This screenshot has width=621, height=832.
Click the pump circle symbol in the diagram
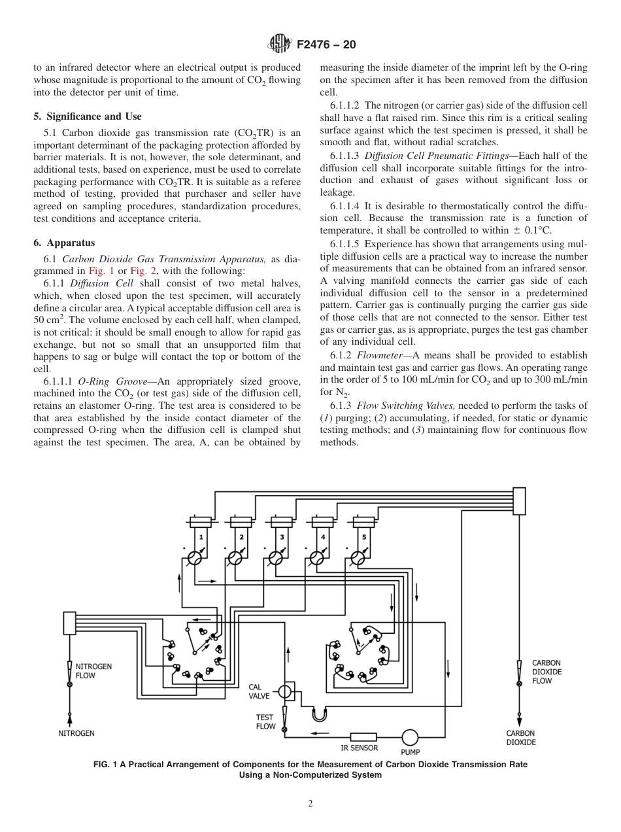(410, 737)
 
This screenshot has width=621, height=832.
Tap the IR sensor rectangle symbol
(363, 737)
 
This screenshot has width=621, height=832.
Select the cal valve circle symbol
(285, 691)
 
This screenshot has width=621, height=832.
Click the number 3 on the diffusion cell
(282, 536)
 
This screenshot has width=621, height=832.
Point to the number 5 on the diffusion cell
(364, 536)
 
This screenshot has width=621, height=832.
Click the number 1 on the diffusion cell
(201, 536)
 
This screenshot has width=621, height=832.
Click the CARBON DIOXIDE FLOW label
(546, 672)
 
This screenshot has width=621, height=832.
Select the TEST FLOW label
(265, 721)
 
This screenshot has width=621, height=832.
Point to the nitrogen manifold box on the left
(69, 623)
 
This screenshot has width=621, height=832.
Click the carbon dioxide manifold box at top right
(519, 500)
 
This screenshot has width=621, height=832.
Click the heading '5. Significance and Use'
(87, 116)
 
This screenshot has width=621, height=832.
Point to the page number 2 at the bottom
(310, 804)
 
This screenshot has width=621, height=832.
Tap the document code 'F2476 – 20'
(326, 45)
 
